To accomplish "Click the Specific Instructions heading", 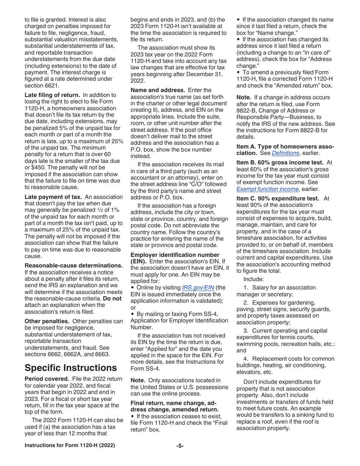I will pyautogui.click(x=70, y=368).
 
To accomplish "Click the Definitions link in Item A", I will pyautogui.click(x=285, y=153).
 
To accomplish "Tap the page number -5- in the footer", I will pyautogui.click(x=180, y=446).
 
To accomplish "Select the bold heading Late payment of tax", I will pyautogui.click(x=53, y=197).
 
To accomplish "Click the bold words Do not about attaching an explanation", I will pyautogui.click(x=112, y=298).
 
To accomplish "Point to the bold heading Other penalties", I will pyautogui.click(x=47, y=321).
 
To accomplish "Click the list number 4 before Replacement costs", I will pyautogui.click(x=246, y=359).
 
